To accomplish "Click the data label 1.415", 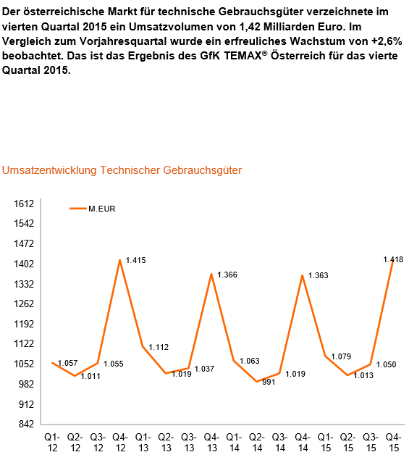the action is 136,260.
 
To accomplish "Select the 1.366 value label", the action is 227,275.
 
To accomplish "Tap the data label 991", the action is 269,382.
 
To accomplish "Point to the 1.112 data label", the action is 159,347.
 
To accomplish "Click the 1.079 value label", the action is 341,356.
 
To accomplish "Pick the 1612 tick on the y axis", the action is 24,204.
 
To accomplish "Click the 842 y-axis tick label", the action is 26,424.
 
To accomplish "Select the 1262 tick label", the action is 24,304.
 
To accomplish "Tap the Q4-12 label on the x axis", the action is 120,443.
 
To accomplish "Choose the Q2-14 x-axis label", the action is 257,443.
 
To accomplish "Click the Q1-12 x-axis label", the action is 52,443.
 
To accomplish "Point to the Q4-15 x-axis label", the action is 394,443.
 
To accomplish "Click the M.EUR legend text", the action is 102,209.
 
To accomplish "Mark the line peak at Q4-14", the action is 303,275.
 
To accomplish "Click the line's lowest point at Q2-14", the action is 257,382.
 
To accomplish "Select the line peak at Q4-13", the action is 211,274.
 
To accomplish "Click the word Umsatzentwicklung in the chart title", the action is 49,170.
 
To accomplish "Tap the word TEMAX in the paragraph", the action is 243,56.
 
